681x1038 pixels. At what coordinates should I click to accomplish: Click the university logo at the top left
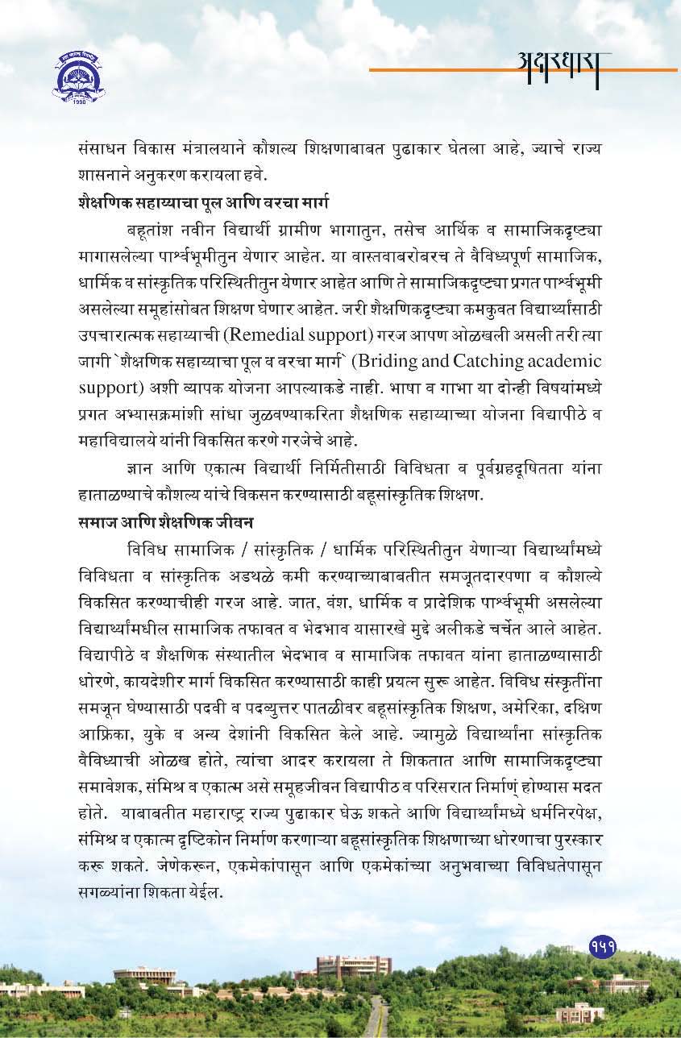click(78, 77)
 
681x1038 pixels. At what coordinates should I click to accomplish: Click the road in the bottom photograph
click(372, 1019)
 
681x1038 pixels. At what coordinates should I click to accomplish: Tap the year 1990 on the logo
click(79, 103)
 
